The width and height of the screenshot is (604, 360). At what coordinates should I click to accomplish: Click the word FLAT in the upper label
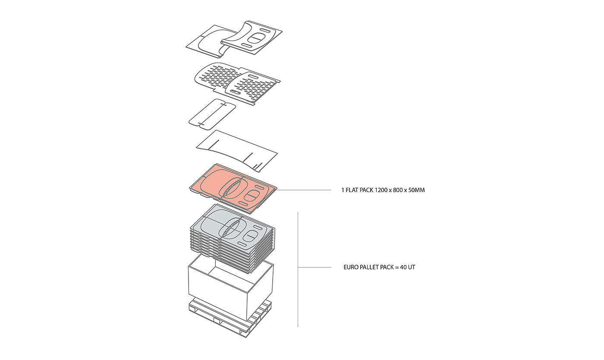352,190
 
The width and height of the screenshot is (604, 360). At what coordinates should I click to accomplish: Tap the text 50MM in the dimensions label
417,190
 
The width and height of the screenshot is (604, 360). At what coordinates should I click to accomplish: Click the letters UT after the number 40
412,268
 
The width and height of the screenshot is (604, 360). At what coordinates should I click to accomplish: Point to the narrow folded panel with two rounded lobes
212,114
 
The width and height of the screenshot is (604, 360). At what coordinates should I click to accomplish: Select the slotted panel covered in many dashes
216,78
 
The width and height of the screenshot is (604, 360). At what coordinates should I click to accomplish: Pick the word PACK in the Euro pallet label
387,268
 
